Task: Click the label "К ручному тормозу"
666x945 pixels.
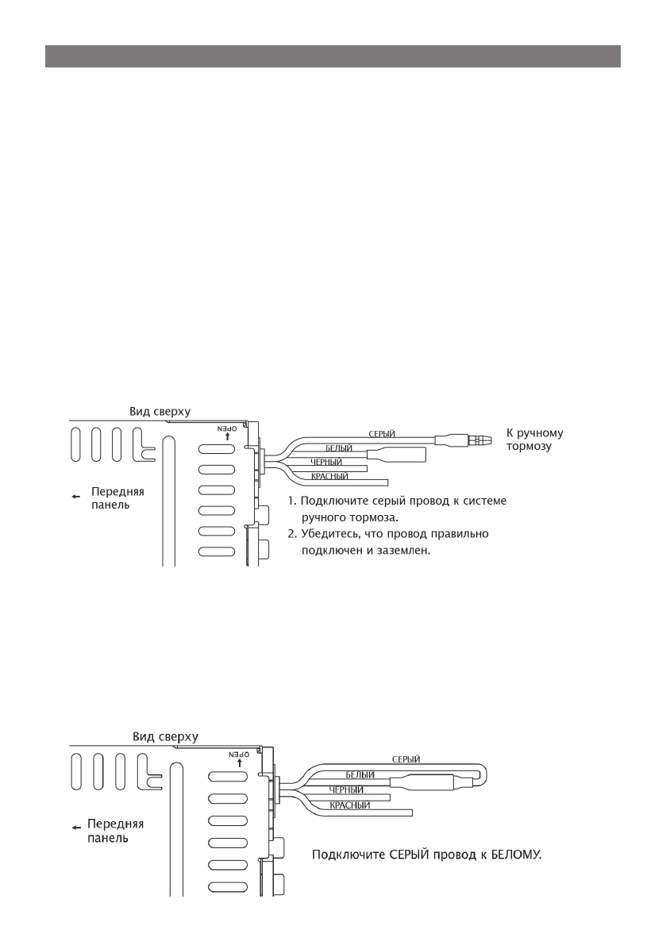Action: point(534,440)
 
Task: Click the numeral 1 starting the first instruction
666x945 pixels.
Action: point(291,501)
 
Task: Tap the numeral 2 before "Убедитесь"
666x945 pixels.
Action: point(291,535)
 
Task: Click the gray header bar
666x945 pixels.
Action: point(333,56)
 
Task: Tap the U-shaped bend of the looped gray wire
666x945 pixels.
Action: point(486,774)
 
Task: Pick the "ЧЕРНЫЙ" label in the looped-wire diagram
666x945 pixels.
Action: point(346,790)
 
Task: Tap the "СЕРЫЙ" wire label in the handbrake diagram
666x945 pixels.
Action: point(382,433)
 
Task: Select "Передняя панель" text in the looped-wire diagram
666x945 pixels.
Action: point(115,830)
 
